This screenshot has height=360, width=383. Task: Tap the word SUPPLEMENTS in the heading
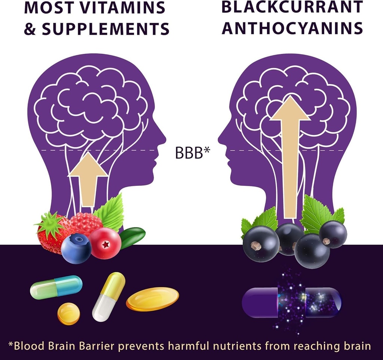click(x=105, y=28)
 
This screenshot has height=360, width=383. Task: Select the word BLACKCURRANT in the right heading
click(x=292, y=7)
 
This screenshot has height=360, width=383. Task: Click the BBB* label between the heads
click(x=193, y=153)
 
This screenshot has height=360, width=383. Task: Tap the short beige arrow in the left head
click(x=88, y=179)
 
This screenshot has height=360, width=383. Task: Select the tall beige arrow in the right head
click(x=290, y=157)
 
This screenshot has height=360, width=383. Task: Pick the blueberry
click(x=76, y=248)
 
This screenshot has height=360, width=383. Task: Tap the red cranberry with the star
click(x=105, y=243)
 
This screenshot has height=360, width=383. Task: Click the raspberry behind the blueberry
click(x=86, y=223)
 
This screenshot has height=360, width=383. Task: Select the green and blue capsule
click(x=56, y=287)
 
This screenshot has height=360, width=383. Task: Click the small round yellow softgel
click(x=69, y=314)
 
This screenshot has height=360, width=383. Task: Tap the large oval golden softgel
click(x=153, y=299)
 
